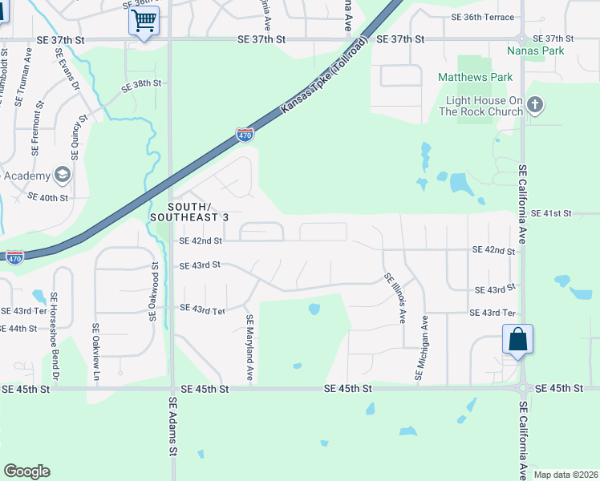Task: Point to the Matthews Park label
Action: click(x=475, y=78)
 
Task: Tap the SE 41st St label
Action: click(x=551, y=213)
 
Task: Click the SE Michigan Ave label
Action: click(x=421, y=347)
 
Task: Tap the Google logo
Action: click(x=26, y=471)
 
